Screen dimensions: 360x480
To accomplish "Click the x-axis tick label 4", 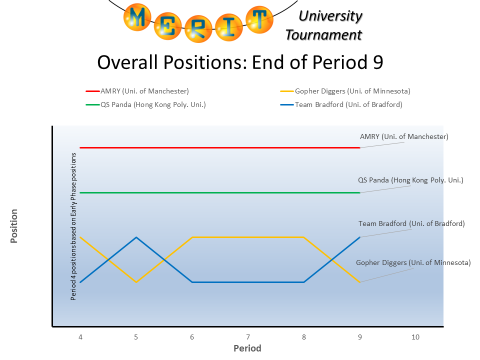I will pyautogui.click(x=80, y=337).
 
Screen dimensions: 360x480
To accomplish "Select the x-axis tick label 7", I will pyautogui.click(x=248, y=337).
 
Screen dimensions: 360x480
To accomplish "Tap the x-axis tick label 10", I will pyautogui.click(x=415, y=337).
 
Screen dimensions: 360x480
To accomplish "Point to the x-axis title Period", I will pyautogui.click(x=247, y=348).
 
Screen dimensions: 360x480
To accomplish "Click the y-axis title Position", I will pyautogui.click(x=14, y=226).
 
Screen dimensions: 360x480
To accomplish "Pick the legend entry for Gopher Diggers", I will pyautogui.click(x=346, y=91).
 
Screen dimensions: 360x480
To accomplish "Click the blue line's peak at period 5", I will pyautogui.click(x=136, y=237).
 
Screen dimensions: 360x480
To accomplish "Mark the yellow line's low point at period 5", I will pyautogui.click(x=136, y=282).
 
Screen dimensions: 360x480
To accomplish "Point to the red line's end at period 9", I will pyautogui.click(x=359, y=148).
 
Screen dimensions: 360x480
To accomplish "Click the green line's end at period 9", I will pyautogui.click(x=359, y=192).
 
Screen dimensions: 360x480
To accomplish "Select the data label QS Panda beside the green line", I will pyautogui.click(x=410, y=180).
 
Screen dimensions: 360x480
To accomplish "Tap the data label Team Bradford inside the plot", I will pyautogui.click(x=411, y=223).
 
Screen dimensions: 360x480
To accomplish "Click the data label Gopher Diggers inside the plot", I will pyautogui.click(x=413, y=262).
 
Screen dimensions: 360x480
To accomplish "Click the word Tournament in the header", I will pyautogui.click(x=323, y=34).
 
